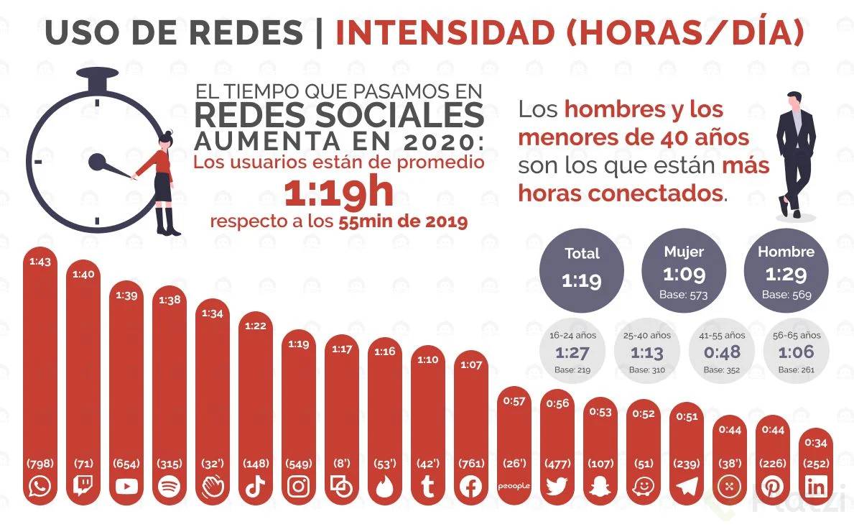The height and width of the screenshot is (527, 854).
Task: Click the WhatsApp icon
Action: (x=40, y=487)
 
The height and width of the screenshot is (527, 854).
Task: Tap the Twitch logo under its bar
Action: (x=83, y=487)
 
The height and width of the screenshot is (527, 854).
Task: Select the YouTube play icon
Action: (x=126, y=487)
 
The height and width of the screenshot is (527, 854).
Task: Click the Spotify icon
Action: (x=170, y=487)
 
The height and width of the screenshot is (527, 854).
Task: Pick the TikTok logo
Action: (x=256, y=487)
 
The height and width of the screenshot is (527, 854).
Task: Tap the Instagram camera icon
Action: (x=299, y=487)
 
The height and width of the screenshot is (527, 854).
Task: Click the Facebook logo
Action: (x=471, y=487)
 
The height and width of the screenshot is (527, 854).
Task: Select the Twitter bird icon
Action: (x=557, y=487)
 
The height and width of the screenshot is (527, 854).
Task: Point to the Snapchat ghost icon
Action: (x=600, y=487)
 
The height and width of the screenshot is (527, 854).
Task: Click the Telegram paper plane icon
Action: (x=687, y=487)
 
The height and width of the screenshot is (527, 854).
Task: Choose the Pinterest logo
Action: (x=773, y=487)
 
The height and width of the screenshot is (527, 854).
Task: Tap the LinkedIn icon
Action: (x=816, y=487)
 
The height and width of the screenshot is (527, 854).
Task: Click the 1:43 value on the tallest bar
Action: (x=40, y=262)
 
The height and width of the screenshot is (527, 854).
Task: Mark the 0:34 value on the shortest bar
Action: (x=816, y=443)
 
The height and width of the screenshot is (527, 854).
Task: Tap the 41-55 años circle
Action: (x=723, y=352)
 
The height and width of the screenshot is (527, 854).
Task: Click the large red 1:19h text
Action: (x=338, y=192)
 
